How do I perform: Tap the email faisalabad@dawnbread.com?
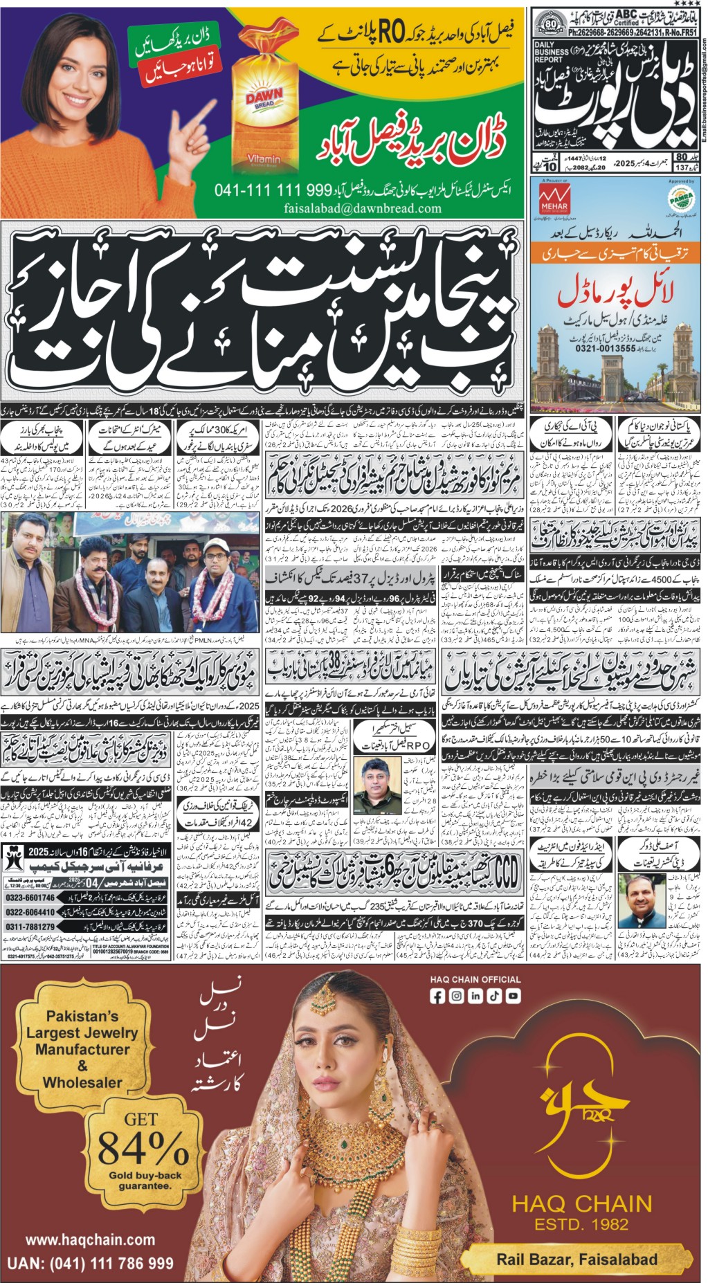pyautogui.click(x=362, y=208)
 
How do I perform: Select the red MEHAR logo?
pyautogui.click(x=554, y=199)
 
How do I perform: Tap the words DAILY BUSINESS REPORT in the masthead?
pyautogui.click(x=552, y=52)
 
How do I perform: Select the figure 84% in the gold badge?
pyautogui.click(x=143, y=1149)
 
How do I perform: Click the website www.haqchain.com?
pyautogui.click(x=90, y=1239)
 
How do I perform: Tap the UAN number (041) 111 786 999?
pyautogui.click(x=90, y=1264)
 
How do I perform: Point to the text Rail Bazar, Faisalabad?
pyautogui.click(x=577, y=1259)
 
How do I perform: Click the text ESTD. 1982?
pyautogui.click(x=581, y=1224)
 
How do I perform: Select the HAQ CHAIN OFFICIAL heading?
pyautogui.click(x=475, y=979)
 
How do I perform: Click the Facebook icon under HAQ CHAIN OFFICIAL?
pyautogui.click(x=437, y=997)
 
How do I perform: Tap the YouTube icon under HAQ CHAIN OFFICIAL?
pyautogui.click(x=513, y=997)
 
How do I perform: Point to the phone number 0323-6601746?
pyautogui.click(x=30, y=898)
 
